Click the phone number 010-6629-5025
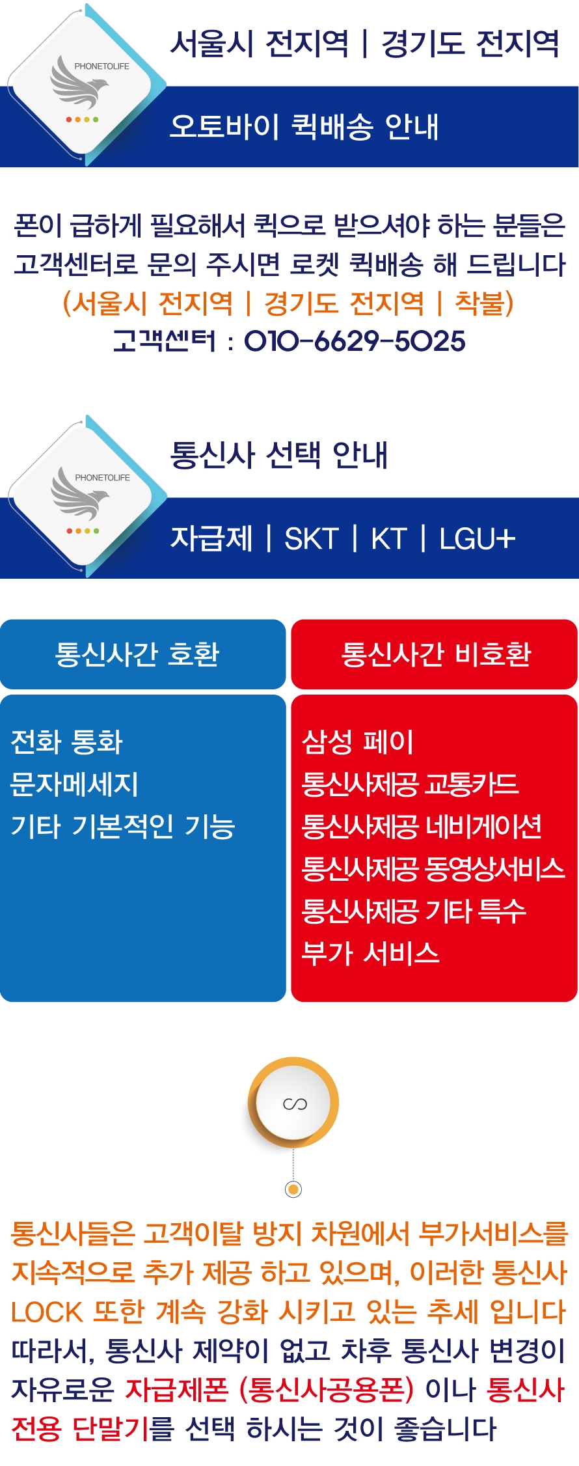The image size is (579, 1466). (x=355, y=341)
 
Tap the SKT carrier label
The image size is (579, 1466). (x=312, y=539)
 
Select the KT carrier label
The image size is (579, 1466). (x=389, y=539)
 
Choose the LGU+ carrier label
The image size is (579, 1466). (x=478, y=539)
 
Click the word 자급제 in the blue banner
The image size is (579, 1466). (x=211, y=539)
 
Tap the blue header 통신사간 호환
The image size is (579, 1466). (x=137, y=654)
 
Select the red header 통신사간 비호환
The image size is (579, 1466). (x=437, y=654)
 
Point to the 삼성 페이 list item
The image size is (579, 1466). (x=358, y=741)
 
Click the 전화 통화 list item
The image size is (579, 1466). (x=66, y=741)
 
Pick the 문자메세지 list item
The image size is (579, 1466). (x=74, y=784)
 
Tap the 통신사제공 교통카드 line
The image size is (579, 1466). (x=410, y=784)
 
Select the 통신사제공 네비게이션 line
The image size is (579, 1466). (x=422, y=826)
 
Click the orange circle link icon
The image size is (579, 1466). (x=293, y=1103)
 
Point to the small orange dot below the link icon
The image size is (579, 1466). (x=293, y=1190)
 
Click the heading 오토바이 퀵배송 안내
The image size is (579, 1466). (x=304, y=126)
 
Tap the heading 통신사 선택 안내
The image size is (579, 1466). (x=279, y=454)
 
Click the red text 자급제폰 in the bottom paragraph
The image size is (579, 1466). (x=176, y=1390)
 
